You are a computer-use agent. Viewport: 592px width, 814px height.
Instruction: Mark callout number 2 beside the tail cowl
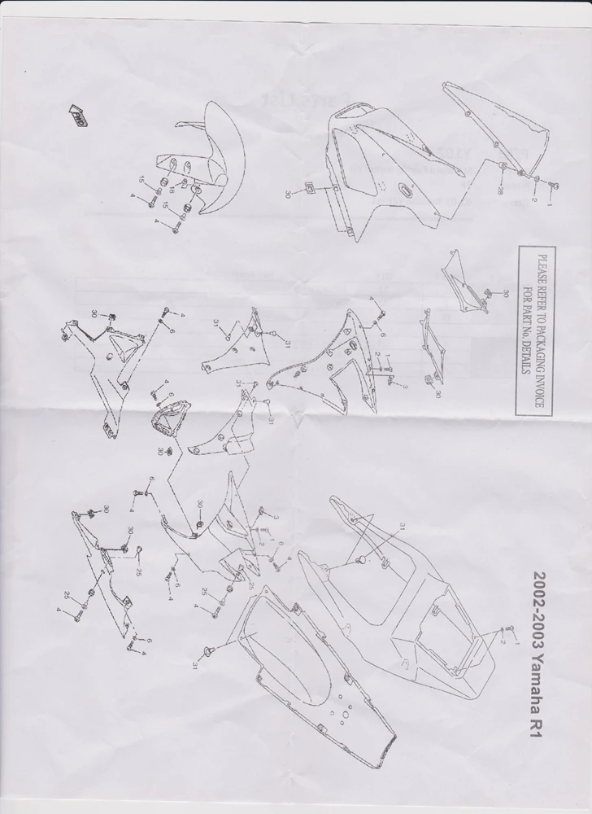pos(504,642)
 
